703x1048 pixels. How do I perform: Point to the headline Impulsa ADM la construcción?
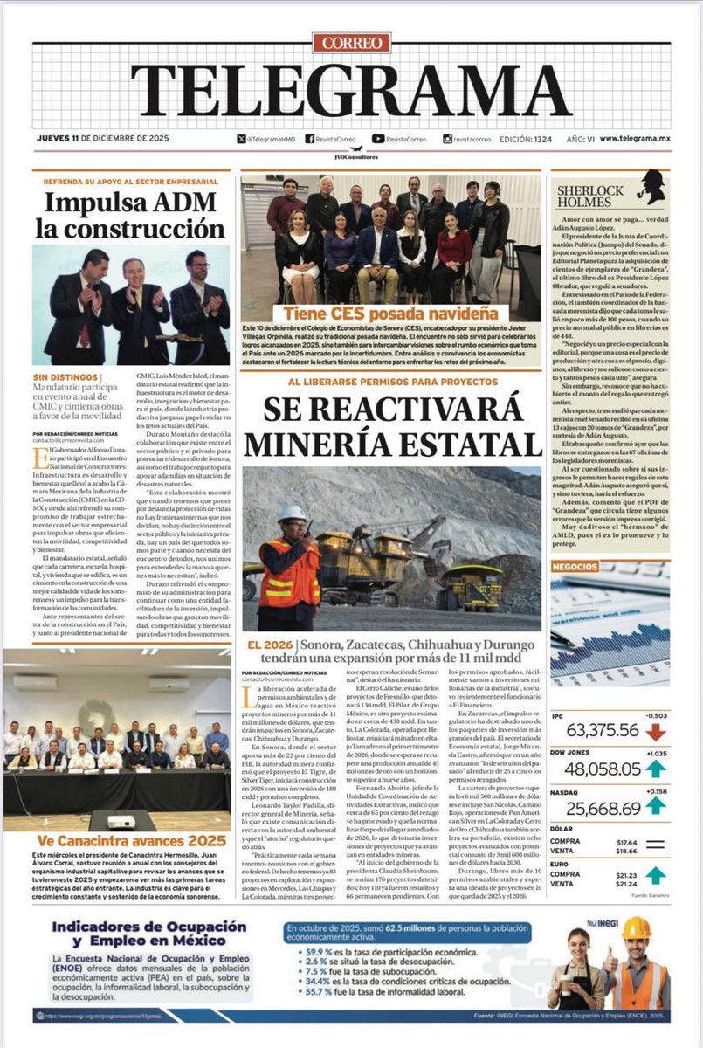coord(130,216)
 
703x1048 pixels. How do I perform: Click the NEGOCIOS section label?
coord(575,567)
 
